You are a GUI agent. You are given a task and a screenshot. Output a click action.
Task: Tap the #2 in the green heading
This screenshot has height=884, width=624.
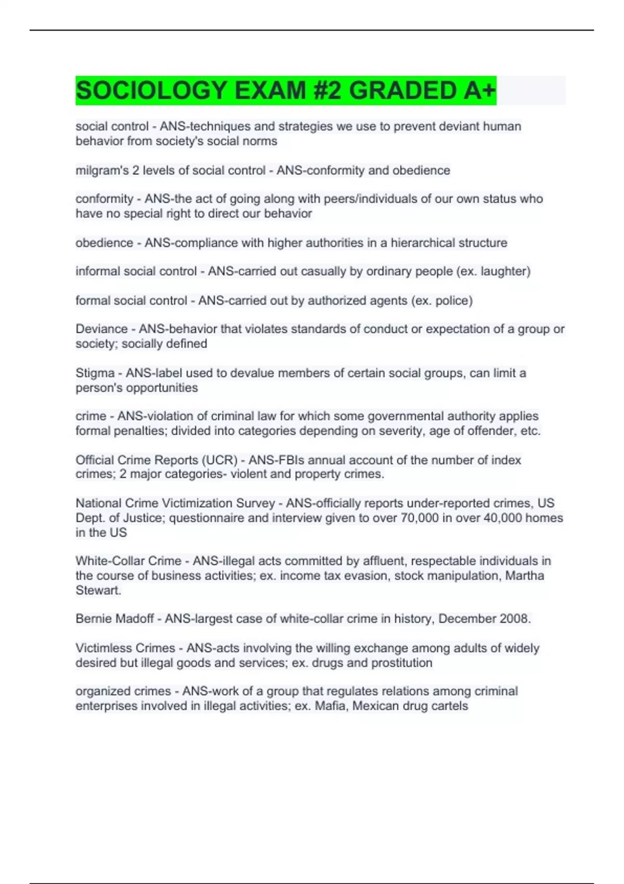[x=328, y=90]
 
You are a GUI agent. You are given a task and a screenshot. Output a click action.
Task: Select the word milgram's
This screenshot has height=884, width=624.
[x=102, y=171]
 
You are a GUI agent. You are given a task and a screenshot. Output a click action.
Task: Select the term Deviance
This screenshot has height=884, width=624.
[x=101, y=329]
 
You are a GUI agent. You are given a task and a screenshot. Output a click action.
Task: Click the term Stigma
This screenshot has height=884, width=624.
[x=95, y=373]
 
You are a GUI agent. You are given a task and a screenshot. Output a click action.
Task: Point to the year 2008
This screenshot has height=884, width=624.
[x=514, y=619]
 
